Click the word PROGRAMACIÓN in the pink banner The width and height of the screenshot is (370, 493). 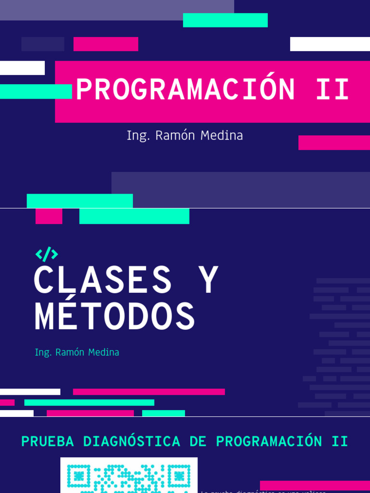click(185, 90)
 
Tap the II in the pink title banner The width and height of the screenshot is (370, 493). click(332, 90)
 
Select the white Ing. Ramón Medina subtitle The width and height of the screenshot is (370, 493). click(185, 136)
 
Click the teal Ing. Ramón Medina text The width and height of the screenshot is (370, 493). click(77, 352)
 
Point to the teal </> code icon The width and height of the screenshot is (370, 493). click(47, 254)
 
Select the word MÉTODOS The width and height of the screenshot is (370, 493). click(115, 316)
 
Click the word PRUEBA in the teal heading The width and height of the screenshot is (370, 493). click(48, 441)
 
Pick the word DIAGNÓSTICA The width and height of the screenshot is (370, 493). click(132, 441)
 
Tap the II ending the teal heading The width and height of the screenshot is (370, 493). click(340, 441)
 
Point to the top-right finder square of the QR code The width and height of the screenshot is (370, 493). click(179, 477)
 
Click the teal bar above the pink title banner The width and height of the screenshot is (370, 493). click(225, 20)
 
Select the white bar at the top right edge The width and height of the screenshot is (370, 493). click(330, 44)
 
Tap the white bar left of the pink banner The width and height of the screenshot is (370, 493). click(22, 68)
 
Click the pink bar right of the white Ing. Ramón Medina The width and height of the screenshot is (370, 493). click(334, 143)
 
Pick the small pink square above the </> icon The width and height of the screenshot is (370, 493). click(49, 216)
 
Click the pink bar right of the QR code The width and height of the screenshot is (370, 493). click(315, 485)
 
